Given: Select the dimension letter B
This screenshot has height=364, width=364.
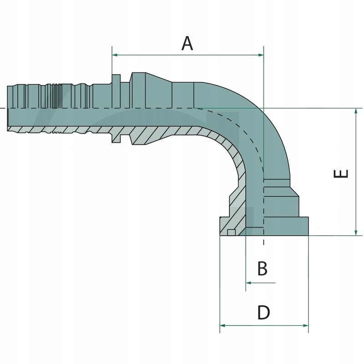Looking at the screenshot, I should click(x=262, y=268).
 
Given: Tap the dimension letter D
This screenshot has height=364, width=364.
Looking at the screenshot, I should click(x=263, y=313).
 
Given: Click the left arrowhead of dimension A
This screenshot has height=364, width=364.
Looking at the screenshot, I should click(x=115, y=55).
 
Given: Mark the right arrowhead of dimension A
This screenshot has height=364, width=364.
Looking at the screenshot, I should click(x=261, y=55).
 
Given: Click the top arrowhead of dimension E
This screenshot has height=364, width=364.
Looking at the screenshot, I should click(x=356, y=111).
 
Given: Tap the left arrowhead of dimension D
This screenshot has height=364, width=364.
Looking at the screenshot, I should click(x=223, y=325).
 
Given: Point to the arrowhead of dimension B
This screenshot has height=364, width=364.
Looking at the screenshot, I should click(x=248, y=283).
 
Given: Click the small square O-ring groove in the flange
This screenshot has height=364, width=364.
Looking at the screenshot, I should click(x=231, y=233).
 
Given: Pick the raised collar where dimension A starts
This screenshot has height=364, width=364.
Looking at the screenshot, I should click(x=116, y=86).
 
